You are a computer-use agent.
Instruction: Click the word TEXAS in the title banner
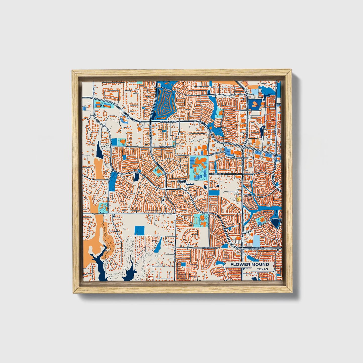262,269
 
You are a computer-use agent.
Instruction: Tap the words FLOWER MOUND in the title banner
250,264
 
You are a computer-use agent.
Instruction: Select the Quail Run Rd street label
166,147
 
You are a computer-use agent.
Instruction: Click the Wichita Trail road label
167,214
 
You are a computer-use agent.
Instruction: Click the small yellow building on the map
239,199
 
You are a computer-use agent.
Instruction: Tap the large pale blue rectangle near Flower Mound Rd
256,241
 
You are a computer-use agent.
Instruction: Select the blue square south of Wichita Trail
139,230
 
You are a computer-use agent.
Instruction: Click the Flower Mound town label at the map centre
181,181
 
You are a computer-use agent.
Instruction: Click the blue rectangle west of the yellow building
214,193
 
